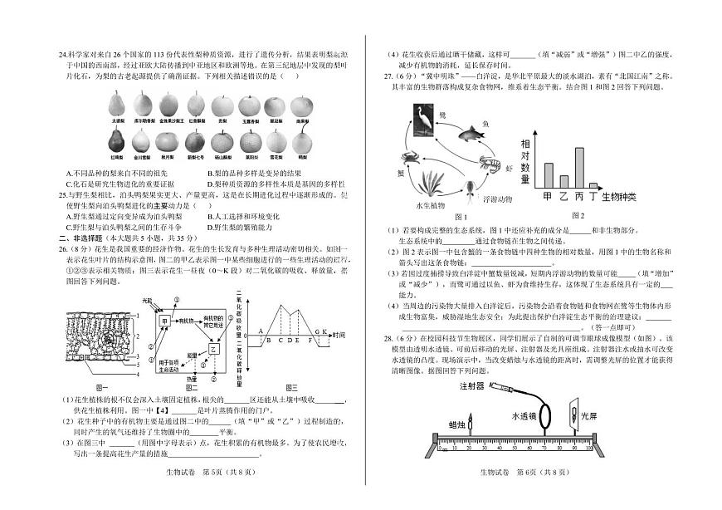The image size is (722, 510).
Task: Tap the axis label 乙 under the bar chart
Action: (563, 197)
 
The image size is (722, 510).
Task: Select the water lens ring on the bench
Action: (547, 419)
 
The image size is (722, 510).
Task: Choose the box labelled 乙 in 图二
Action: (213, 350)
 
